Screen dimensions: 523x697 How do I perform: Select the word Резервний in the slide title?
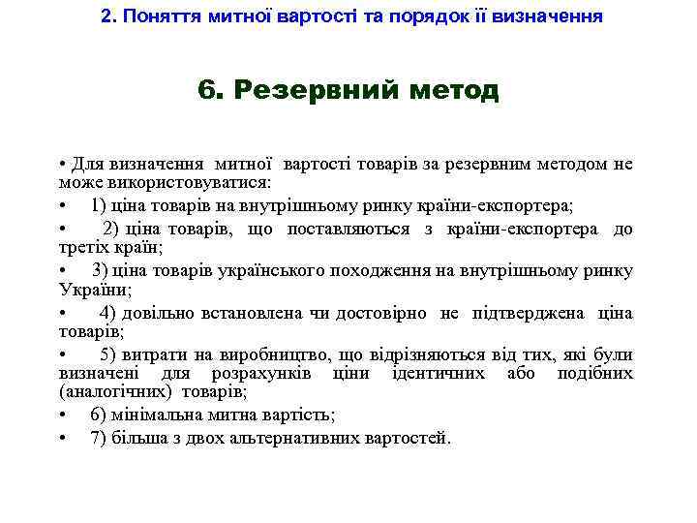[x=316, y=91]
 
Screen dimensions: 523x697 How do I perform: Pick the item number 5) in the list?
[x=107, y=352]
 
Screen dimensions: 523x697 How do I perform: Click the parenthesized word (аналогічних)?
[x=106, y=393]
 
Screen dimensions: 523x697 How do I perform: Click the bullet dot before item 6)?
[x=62, y=415]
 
